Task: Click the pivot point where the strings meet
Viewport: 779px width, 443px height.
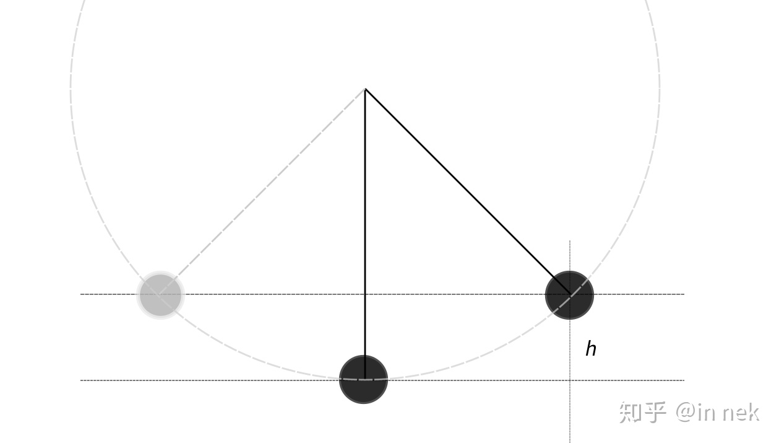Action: (x=365, y=89)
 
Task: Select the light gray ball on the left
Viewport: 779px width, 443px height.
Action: (x=160, y=295)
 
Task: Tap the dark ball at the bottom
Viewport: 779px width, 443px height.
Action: (x=363, y=379)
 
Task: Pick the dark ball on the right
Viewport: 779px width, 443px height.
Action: (x=569, y=295)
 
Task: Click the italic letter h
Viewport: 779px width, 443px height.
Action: (x=591, y=349)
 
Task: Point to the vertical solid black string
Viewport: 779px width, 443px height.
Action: (x=365, y=234)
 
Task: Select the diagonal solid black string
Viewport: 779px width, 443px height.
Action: (x=467, y=192)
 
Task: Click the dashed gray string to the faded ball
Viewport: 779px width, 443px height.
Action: (x=262, y=192)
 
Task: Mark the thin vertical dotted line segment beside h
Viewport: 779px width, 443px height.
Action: (x=570, y=341)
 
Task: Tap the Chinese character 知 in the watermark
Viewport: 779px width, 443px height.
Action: (x=631, y=413)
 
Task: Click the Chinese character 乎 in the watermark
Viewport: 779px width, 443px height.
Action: (x=655, y=413)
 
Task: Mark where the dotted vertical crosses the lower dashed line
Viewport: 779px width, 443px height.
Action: (x=570, y=380)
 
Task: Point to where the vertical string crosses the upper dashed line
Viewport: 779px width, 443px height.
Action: (x=365, y=294)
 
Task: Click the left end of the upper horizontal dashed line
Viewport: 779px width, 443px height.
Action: (x=80, y=294)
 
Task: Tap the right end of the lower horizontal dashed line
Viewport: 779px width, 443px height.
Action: (x=684, y=380)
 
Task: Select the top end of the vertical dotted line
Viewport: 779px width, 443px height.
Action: (x=570, y=240)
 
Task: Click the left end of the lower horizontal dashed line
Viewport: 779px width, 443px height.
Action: (x=80, y=380)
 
